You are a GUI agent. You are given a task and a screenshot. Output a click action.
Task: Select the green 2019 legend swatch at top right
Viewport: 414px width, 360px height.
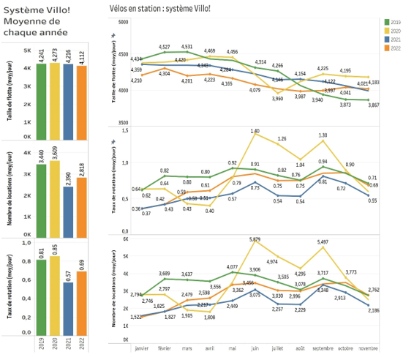click(x=387, y=22)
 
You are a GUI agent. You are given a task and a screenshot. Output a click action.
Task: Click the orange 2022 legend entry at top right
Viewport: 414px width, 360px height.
click(x=387, y=48)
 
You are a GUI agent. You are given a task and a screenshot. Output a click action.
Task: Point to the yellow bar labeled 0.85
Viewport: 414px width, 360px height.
click(x=55, y=293)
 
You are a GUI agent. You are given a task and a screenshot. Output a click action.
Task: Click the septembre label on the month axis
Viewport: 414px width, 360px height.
click(x=323, y=348)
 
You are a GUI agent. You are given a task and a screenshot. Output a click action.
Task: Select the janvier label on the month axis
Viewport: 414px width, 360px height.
click(x=142, y=348)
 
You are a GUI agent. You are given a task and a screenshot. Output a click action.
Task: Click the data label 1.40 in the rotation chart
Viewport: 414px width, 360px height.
click(x=255, y=132)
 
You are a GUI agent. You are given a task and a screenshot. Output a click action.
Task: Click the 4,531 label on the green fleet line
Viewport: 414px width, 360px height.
click(x=187, y=47)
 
